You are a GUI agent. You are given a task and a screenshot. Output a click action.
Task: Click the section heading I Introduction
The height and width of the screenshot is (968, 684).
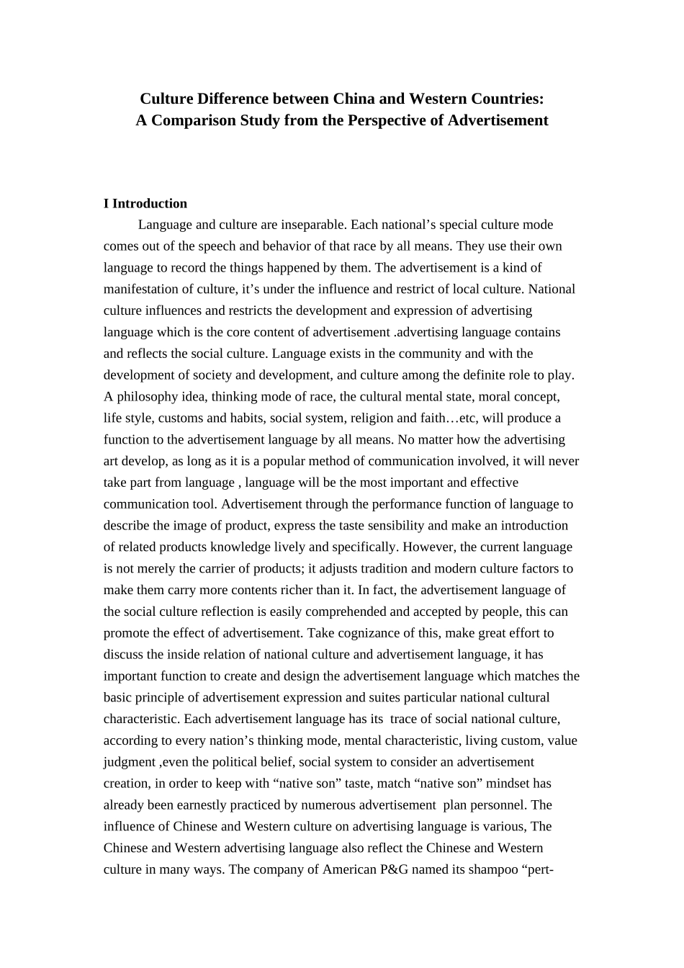coord(145,204)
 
